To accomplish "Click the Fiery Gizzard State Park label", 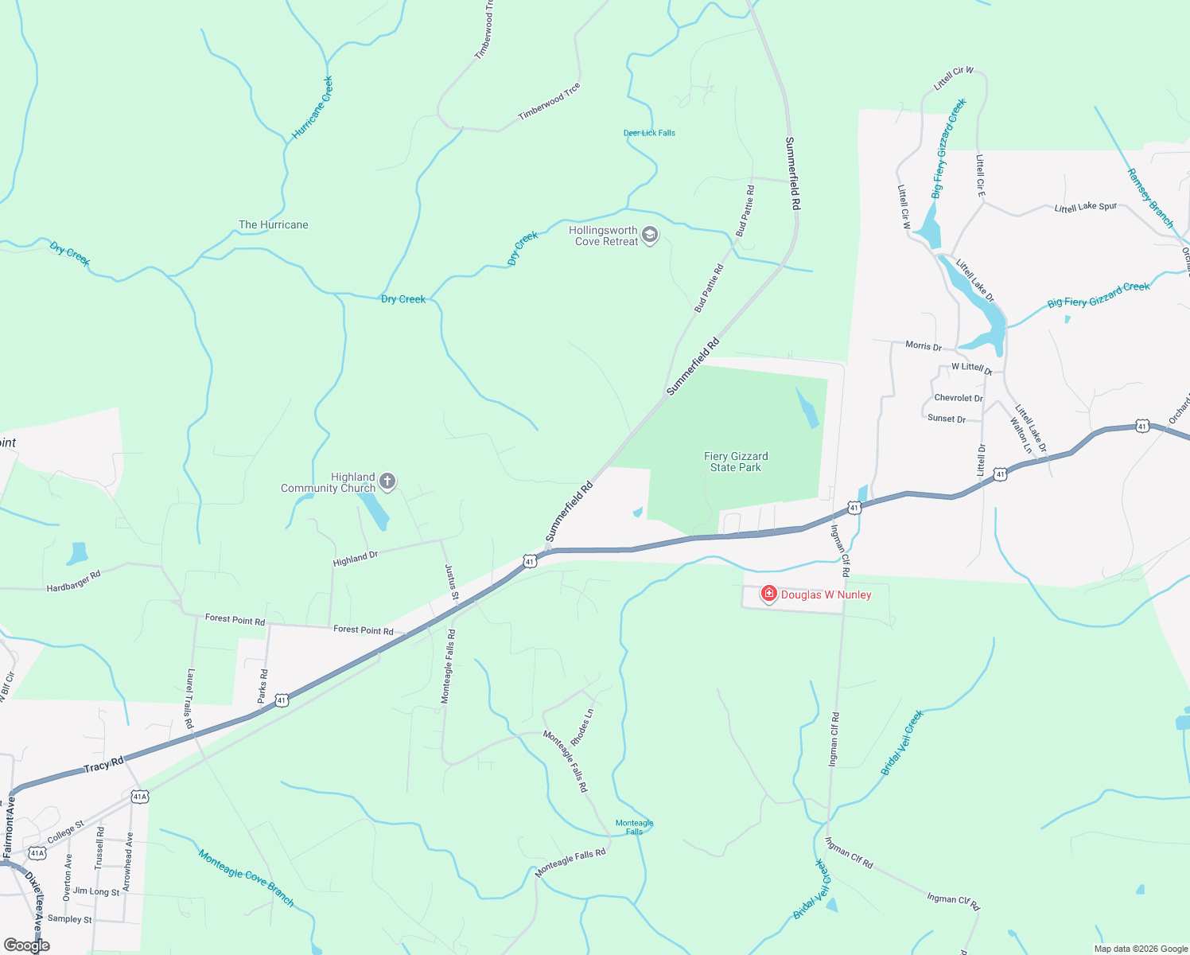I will click(736, 462).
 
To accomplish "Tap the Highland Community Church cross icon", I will click(387, 481).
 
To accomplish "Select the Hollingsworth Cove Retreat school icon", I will click(650, 235).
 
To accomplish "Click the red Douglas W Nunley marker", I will click(768, 594).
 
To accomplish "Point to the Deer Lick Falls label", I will click(649, 133).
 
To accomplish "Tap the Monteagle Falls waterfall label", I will click(634, 827).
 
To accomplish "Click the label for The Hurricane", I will click(273, 224).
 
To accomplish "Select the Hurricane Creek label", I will click(313, 107).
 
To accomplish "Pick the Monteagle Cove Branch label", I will click(247, 879).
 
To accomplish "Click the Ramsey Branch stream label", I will click(1150, 198).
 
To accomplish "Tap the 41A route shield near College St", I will click(37, 853).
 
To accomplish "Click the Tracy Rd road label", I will click(104, 766).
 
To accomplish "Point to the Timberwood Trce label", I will click(550, 102).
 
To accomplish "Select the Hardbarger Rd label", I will click(74, 582).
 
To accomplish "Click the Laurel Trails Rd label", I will click(190, 698).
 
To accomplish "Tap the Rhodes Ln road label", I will click(582, 727).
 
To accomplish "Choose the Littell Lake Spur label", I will click(1086, 208).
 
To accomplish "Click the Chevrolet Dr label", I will click(959, 398).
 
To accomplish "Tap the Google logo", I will click(27, 945).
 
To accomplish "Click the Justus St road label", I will click(451, 582).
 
